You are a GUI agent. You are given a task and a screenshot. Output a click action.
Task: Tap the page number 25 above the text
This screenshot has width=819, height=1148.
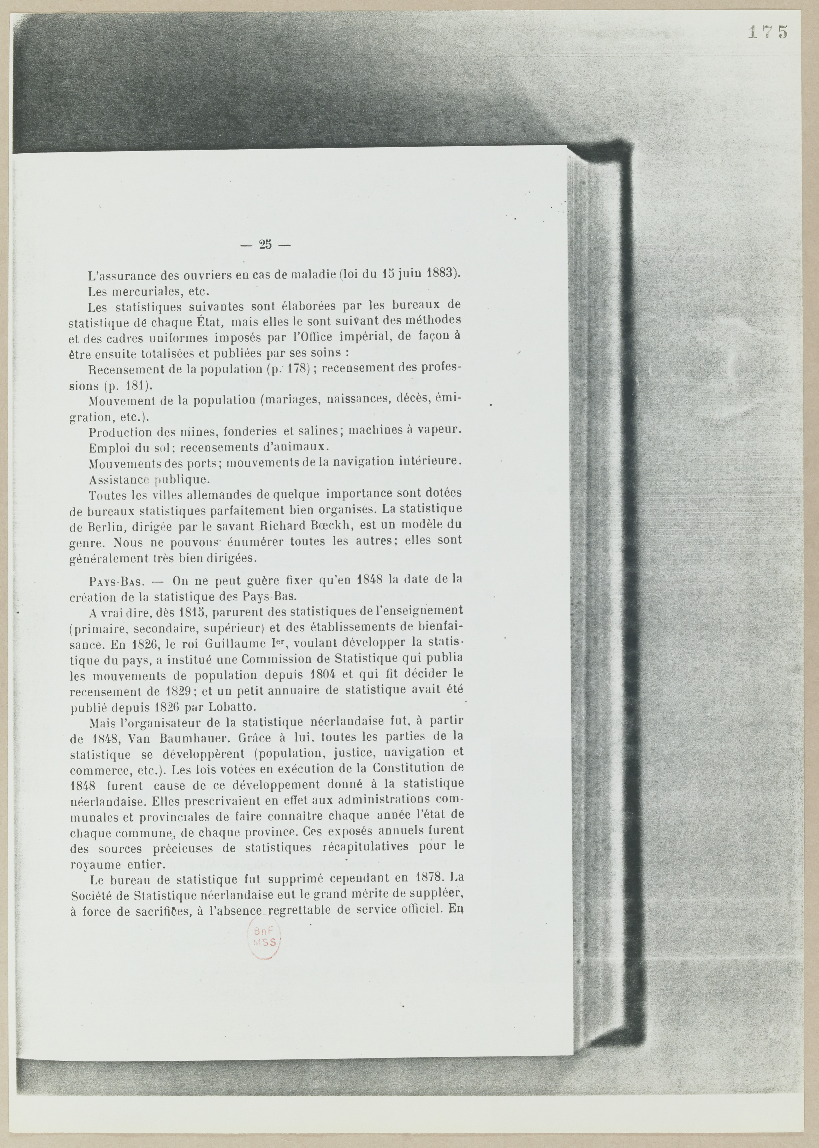[x=265, y=245]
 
